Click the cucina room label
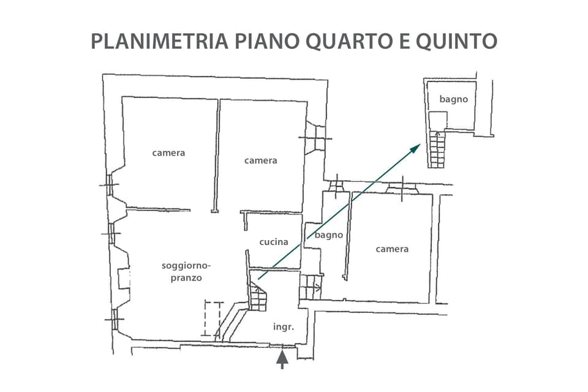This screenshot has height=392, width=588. (273, 242)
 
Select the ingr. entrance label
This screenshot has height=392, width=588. (284, 327)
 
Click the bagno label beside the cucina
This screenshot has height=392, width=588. (329, 235)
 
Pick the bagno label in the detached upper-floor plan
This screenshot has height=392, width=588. (453, 99)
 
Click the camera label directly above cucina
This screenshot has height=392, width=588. (260, 160)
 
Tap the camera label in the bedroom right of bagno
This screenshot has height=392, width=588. (392, 249)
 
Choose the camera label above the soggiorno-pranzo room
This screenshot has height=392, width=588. (168, 153)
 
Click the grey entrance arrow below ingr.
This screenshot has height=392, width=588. (282, 360)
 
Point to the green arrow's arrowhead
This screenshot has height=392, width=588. (417, 148)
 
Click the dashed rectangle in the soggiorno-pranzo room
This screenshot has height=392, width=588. (212, 318)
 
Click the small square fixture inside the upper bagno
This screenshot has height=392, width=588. (437, 120)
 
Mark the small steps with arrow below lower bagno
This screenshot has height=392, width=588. (311, 287)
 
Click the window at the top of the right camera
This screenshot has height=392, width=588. (402, 187)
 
